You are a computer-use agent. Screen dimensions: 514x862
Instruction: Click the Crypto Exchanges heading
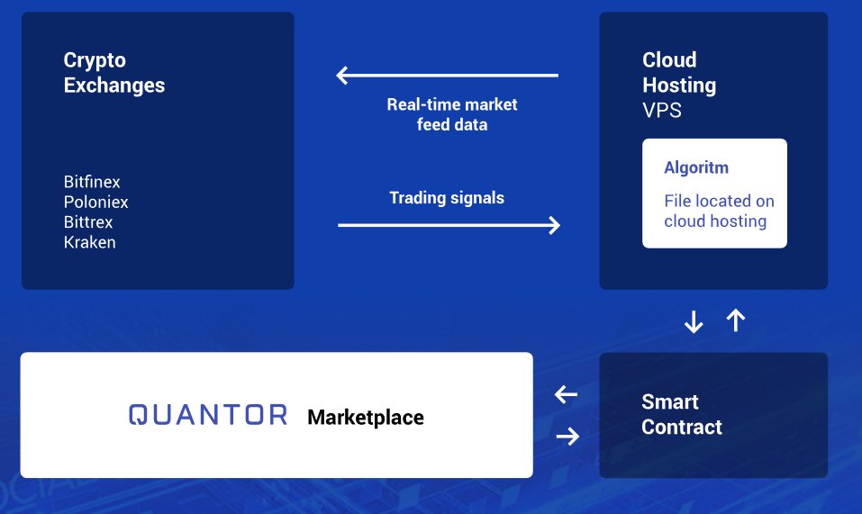pos(113,73)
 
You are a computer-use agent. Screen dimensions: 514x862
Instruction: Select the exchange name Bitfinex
pos(91,183)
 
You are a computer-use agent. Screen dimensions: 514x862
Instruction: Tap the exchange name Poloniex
pos(95,203)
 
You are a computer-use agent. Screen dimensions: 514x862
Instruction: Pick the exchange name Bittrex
pos(88,222)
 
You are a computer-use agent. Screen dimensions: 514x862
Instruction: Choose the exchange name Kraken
pos(89,242)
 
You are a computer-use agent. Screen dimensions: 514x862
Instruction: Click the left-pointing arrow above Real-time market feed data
pos(447,76)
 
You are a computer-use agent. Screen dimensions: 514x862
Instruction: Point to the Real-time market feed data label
pos(452,114)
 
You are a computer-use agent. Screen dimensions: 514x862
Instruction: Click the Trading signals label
pos(447,198)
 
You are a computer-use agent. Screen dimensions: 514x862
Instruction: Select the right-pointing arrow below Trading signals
pos(449,225)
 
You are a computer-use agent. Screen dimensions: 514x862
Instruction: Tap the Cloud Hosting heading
pos(678,73)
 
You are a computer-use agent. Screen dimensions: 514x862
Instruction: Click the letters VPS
pos(661,111)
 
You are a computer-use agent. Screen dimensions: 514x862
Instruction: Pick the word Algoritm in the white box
pos(696,168)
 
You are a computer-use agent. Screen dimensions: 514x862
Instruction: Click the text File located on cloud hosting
pos(718,212)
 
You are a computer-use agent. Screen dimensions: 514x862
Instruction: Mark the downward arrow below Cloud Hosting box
pos(694,321)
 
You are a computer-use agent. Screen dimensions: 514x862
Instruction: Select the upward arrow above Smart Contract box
pos(736,320)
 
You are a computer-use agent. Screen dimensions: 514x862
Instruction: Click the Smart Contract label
pos(681,414)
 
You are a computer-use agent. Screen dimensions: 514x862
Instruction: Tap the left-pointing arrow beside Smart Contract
pos(566,394)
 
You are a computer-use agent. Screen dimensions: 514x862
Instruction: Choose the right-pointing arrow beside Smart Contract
pos(567,437)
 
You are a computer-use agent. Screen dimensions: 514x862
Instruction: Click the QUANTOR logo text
pos(208,415)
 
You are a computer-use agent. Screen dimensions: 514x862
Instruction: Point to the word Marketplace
pos(365,418)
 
